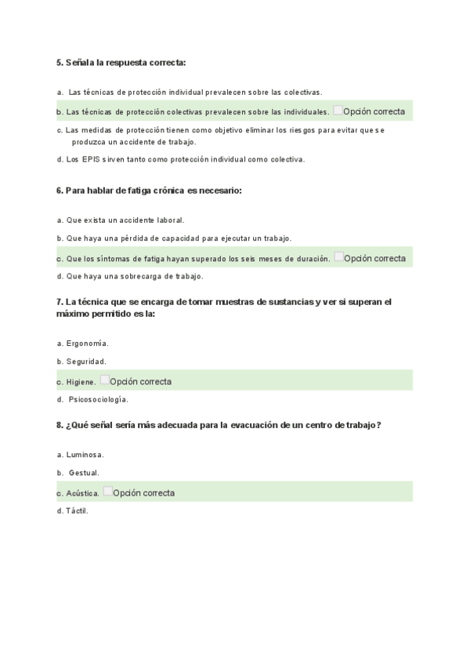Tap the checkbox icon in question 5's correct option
(x=338, y=111)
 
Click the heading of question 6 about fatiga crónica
(x=149, y=191)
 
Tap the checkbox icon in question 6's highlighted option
(x=338, y=256)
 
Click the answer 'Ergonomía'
(x=87, y=343)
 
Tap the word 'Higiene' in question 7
(x=81, y=382)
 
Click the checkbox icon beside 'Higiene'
(x=105, y=380)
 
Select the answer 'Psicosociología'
(x=98, y=399)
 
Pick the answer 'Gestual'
(x=84, y=473)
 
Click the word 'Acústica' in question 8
(x=83, y=493)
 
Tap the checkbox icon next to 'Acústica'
(x=107, y=492)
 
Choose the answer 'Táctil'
(x=78, y=511)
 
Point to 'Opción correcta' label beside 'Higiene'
(x=141, y=382)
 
